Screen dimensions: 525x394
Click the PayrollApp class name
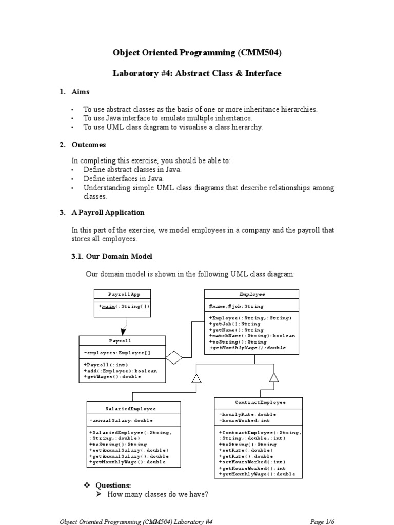tap(123, 294)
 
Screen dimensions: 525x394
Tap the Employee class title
tap(252, 294)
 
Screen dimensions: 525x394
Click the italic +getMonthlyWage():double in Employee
tap(248, 348)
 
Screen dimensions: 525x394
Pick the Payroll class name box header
tap(122, 341)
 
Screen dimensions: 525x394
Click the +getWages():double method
tap(112, 377)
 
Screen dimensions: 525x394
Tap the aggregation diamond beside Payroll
tap(174, 358)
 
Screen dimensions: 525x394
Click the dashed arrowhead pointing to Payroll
tap(123, 331)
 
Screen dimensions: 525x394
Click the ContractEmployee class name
tap(258, 403)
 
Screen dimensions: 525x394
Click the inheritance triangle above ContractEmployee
tap(274, 377)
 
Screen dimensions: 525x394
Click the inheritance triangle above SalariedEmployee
tap(195, 378)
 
